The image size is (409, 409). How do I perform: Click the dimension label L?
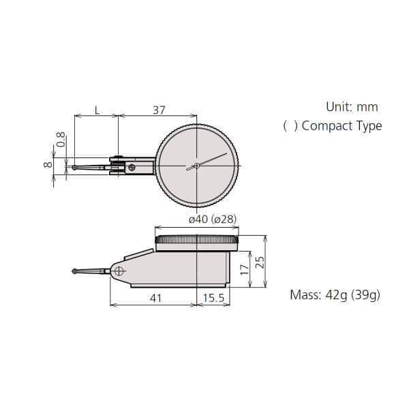97,110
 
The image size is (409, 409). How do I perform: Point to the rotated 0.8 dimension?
61,140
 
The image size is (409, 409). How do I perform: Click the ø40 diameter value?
198,219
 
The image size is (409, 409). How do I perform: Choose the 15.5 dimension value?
213,297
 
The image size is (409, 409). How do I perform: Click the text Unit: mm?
351,107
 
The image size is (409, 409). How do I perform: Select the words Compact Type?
341,126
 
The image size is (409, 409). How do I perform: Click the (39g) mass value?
367,295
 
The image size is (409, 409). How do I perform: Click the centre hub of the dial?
196,165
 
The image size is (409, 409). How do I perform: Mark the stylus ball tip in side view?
74,272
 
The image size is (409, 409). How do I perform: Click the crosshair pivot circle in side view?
120,271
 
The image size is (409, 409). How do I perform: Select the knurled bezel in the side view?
198,240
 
